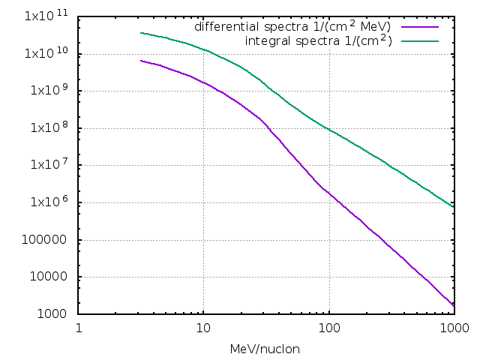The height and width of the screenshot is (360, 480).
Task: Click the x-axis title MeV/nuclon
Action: coord(265,349)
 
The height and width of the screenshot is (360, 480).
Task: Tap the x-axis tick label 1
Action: coord(79,328)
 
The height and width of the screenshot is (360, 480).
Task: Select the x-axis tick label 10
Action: coord(203,328)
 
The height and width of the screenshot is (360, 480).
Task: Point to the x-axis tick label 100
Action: coord(328,328)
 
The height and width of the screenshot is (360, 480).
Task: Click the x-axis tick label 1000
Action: coord(453,328)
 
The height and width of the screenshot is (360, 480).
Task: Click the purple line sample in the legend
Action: coord(419,27)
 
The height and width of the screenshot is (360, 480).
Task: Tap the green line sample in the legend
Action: coord(419,40)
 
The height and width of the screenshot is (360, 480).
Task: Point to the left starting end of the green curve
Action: coord(141,33)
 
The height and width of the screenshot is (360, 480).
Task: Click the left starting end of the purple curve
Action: coord(141,61)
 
